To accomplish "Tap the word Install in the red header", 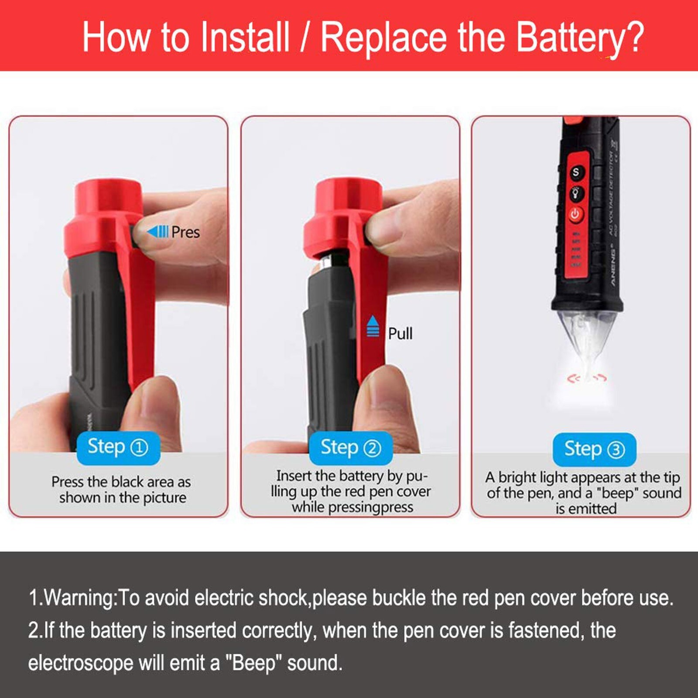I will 245,38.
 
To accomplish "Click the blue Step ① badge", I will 118,448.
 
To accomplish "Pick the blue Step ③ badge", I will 594,449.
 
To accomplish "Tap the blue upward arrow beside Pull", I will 373,326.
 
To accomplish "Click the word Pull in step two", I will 400,334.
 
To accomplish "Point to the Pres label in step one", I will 185,233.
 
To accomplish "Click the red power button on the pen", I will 575,214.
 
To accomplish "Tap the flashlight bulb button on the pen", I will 576,192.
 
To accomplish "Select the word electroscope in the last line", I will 81,663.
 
